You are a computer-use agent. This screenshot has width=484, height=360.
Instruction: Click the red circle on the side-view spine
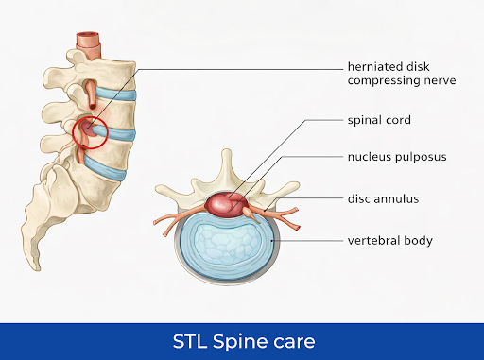(x=90, y=132)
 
